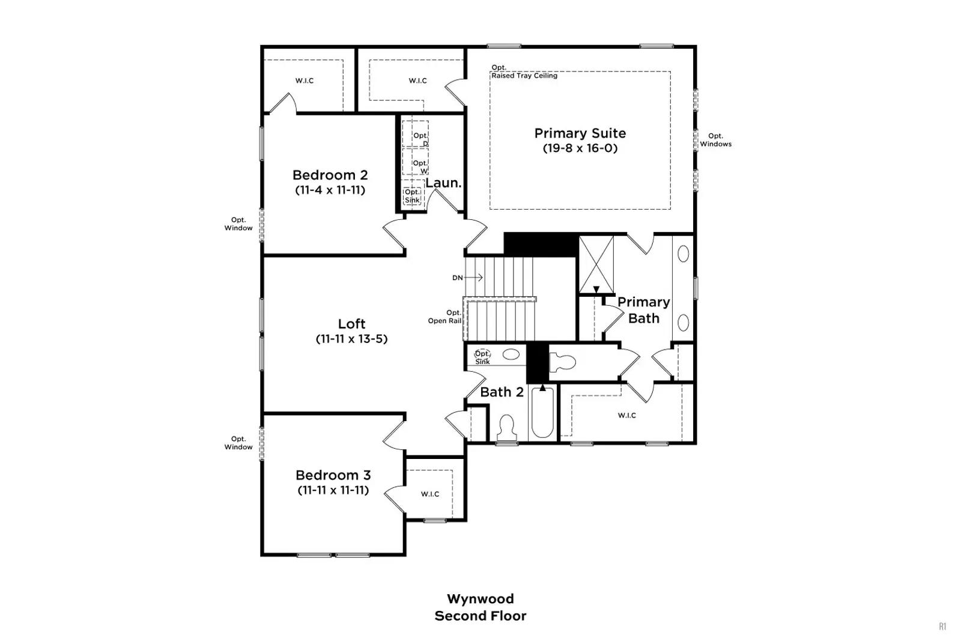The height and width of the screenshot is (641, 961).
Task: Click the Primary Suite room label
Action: (x=580, y=133)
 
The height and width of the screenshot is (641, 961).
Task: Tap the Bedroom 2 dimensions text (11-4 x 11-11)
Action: (x=330, y=190)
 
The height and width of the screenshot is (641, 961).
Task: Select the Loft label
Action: (x=351, y=323)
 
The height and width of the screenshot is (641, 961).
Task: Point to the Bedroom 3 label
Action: (x=333, y=475)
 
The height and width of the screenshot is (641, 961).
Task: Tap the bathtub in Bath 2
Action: (x=542, y=412)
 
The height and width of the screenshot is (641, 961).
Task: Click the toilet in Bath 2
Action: (x=507, y=428)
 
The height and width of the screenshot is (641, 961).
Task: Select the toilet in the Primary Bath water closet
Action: (x=562, y=362)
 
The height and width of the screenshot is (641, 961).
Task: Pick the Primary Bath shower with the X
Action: (x=596, y=264)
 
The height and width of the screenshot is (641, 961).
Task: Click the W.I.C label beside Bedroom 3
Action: (x=430, y=494)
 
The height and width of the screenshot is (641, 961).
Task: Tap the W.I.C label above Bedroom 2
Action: (x=305, y=81)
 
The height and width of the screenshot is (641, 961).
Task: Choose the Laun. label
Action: (x=443, y=183)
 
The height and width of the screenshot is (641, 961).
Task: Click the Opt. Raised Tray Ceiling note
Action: (x=524, y=71)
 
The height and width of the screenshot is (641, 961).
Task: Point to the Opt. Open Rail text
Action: (x=445, y=317)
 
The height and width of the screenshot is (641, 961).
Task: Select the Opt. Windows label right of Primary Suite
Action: (x=715, y=140)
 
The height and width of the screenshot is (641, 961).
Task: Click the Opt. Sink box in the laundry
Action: (x=412, y=196)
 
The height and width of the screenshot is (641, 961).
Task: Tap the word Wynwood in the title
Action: (x=480, y=598)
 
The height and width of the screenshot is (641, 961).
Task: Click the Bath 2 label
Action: (x=502, y=392)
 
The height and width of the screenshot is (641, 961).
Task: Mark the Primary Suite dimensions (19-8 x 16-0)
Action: (x=580, y=148)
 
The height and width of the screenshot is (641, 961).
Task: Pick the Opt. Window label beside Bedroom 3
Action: (x=238, y=443)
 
